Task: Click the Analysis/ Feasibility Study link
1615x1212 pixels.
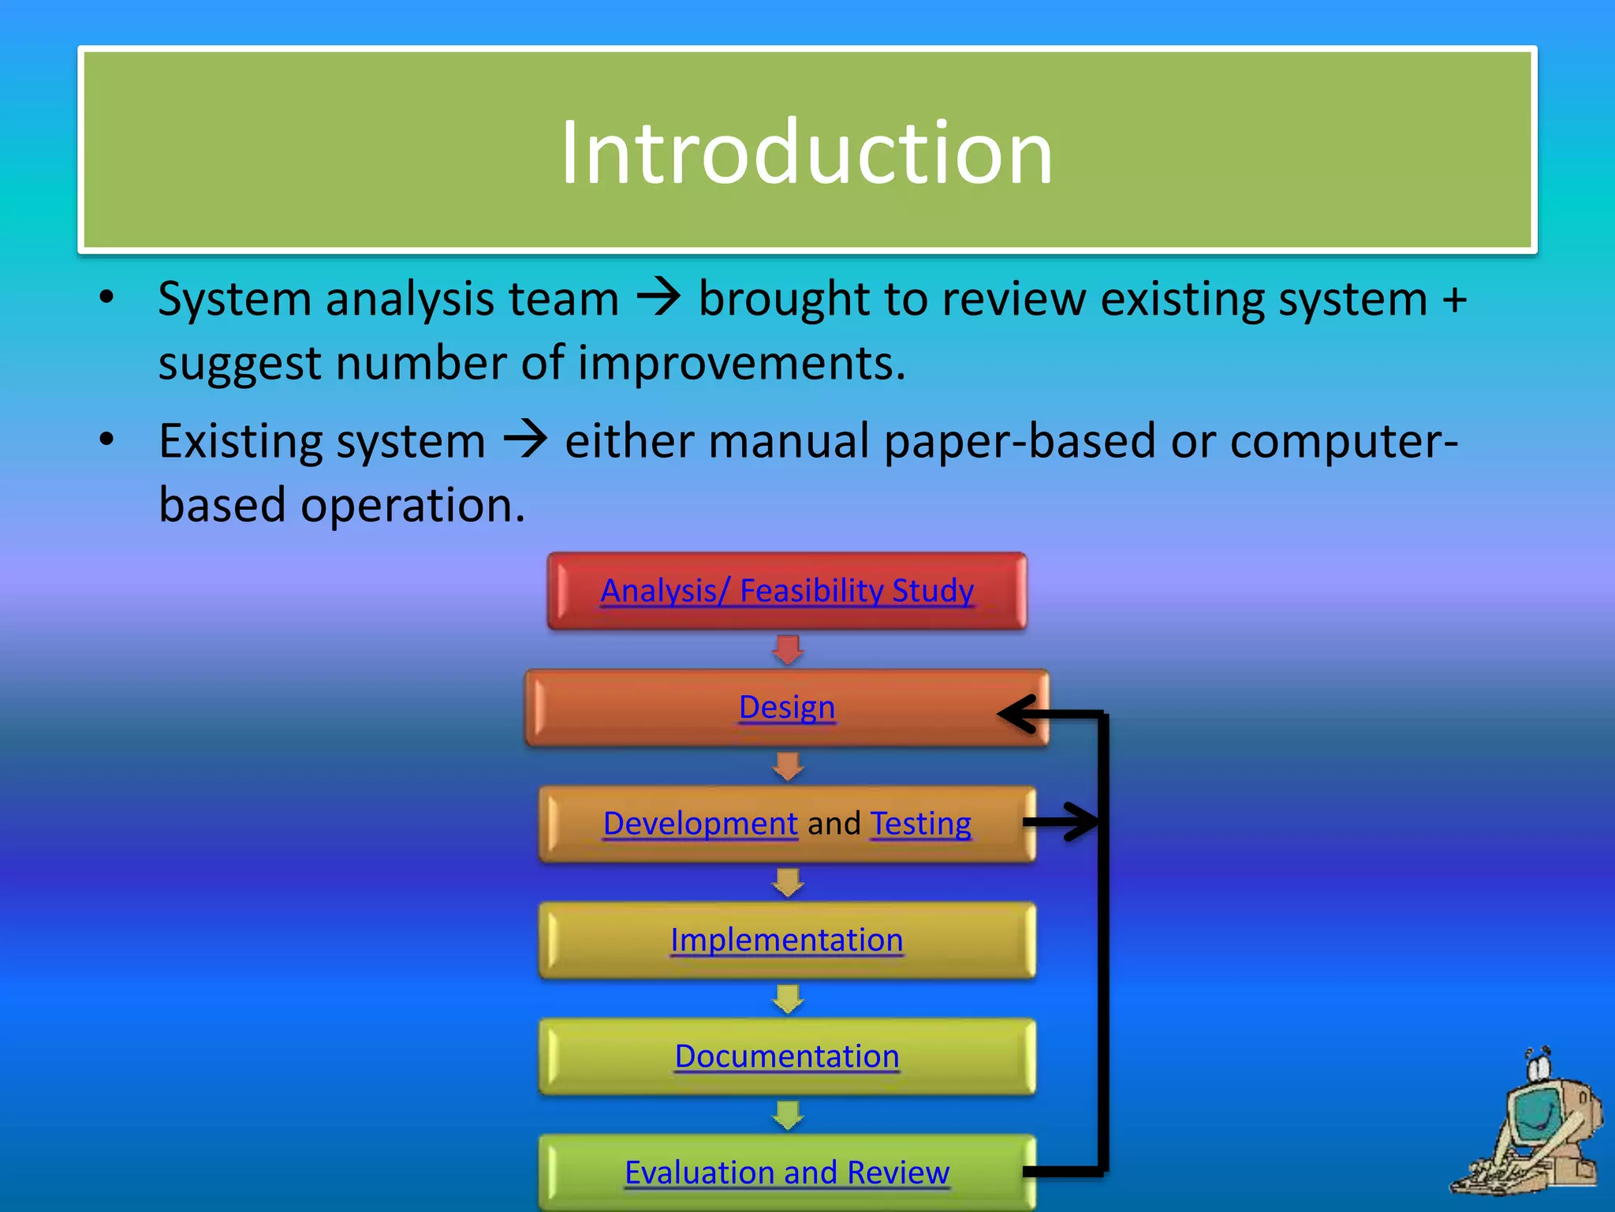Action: point(787,590)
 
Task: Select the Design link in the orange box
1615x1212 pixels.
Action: point(787,707)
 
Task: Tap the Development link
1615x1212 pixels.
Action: point(700,823)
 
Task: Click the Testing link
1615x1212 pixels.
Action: point(920,823)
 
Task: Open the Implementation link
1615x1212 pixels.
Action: point(787,940)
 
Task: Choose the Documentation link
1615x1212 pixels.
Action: point(787,1056)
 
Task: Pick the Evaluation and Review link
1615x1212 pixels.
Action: point(787,1172)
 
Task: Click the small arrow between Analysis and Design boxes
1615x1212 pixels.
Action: point(788,649)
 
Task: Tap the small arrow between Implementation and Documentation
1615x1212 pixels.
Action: point(788,999)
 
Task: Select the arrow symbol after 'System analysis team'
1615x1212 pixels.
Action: point(658,298)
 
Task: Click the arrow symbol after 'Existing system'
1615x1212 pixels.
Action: point(525,440)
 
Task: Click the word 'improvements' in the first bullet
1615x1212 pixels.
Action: point(741,363)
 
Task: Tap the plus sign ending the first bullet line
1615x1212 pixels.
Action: point(1454,300)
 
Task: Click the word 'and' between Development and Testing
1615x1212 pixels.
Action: point(834,823)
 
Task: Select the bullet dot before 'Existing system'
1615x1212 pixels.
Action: point(107,440)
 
